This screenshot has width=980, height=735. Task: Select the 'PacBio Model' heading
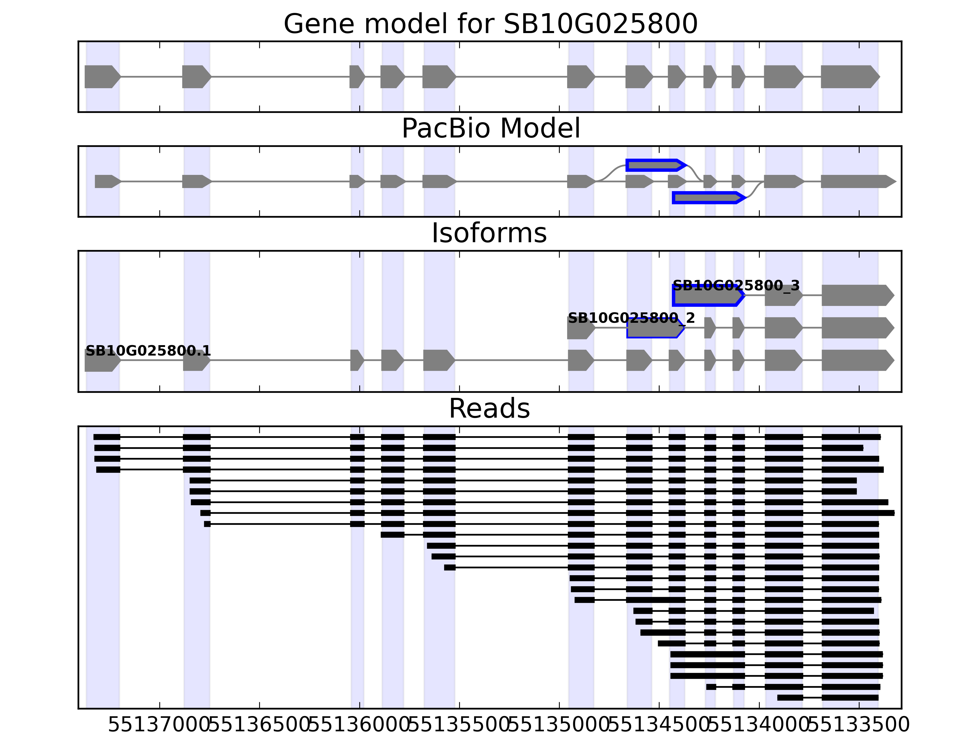(x=490, y=129)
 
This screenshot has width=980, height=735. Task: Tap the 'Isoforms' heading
(x=489, y=233)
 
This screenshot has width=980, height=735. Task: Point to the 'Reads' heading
(x=489, y=409)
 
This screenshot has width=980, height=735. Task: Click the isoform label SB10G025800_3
(x=736, y=286)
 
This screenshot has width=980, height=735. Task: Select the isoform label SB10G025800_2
(x=631, y=318)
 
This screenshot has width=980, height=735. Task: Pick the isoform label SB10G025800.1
(x=148, y=351)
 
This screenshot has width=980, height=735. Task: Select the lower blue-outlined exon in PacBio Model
(x=707, y=198)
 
